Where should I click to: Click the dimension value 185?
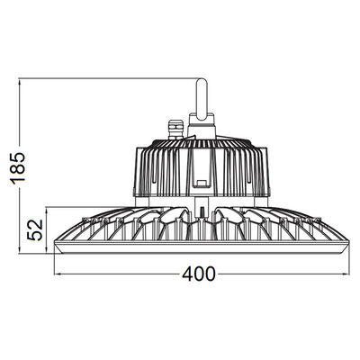pyautogui.click(x=17, y=168)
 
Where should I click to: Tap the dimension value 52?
pyautogui.click(x=35, y=230)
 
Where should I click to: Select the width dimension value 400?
pyautogui.click(x=199, y=274)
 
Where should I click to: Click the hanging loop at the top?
pyautogui.click(x=201, y=98)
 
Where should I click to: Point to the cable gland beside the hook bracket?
pyautogui.click(x=175, y=130)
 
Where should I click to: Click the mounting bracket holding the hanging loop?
pyautogui.click(x=202, y=126)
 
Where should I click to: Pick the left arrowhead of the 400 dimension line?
pyautogui.click(x=57, y=274)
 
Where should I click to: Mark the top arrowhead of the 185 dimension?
pyautogui.click(x=19, y=81)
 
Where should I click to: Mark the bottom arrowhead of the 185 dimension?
pyautogui.click(x=19, y=251)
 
